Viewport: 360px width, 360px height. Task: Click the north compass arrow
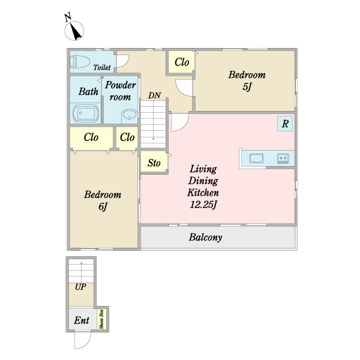[x=76, y=31]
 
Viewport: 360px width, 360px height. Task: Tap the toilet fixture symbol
[x=80, y=62]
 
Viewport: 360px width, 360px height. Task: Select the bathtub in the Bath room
[x=86, y=113]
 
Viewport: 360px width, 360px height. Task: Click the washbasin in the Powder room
[x=130, y=115]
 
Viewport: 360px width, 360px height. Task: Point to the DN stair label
[x=154, y=95]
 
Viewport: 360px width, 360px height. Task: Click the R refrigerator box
[x=285, y=124]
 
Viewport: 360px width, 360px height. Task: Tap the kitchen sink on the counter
[x=256, y=158]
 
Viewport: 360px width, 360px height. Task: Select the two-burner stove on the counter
[x=283, y=158]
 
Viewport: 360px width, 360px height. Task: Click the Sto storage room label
[x=154, y=163]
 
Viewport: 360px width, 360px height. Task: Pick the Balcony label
[x=205, y=237]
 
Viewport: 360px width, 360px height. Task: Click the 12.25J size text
[x=203, y=205]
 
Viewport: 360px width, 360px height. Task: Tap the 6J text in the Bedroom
[x=103, y=206]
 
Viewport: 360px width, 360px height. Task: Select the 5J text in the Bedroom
[x=247, y=87]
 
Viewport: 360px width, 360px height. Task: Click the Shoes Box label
[x=101, y=319]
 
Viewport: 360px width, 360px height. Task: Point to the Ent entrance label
[x=82, y=320]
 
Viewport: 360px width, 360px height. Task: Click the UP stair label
[x=80, y=287]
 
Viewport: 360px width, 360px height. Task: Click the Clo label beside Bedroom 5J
[x=182, y=62]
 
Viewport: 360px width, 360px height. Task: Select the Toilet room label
[x=102, y=67]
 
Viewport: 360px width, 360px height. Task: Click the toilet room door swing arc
[x=126, y=63]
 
